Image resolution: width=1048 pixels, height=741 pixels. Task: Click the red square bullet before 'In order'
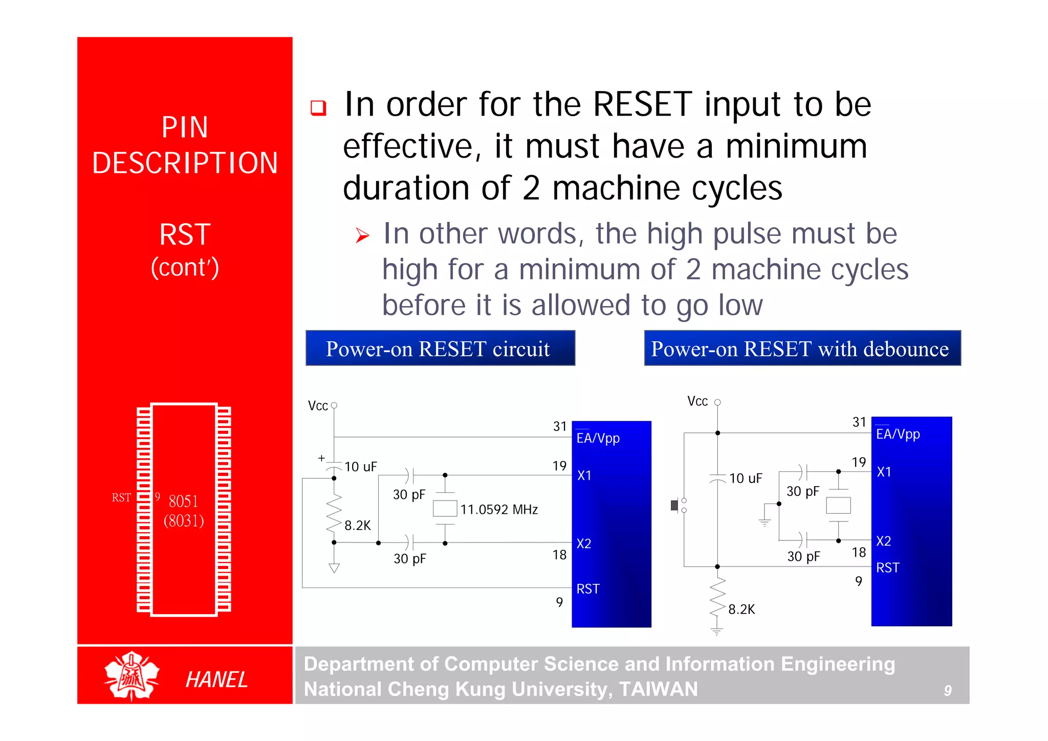pos(318,107)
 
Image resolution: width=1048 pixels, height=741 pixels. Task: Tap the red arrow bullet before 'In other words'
pos(362,235)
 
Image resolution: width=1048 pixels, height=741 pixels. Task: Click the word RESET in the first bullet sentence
pos(643,104)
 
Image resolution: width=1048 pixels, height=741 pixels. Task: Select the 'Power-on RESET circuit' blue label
pos(440,348)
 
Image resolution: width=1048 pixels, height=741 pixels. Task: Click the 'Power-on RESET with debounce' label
pos(802,348)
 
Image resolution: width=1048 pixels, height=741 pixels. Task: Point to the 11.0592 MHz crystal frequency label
pos(499,510)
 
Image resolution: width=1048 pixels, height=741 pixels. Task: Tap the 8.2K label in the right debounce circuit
pos(741,609)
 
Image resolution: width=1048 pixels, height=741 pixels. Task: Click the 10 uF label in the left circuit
pos(360,467)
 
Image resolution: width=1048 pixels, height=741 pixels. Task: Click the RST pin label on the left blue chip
pos(588,589)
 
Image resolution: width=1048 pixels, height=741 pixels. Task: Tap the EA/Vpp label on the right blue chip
pos(898,434)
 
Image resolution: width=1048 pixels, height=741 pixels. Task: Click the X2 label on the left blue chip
pos(584,543)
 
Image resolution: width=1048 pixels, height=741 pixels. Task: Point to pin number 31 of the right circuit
pos(859,422)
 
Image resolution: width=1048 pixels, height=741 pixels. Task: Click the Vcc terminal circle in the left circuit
pos(334,405)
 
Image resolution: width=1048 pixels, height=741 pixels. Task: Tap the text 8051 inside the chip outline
pos(183,501)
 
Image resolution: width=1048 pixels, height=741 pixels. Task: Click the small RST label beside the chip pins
pos(121,497)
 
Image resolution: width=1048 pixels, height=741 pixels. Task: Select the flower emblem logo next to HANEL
pos(132,676)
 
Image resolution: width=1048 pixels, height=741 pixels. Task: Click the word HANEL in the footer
pos(216,680)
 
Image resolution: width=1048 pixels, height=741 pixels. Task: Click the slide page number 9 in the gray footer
pos(948,691)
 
